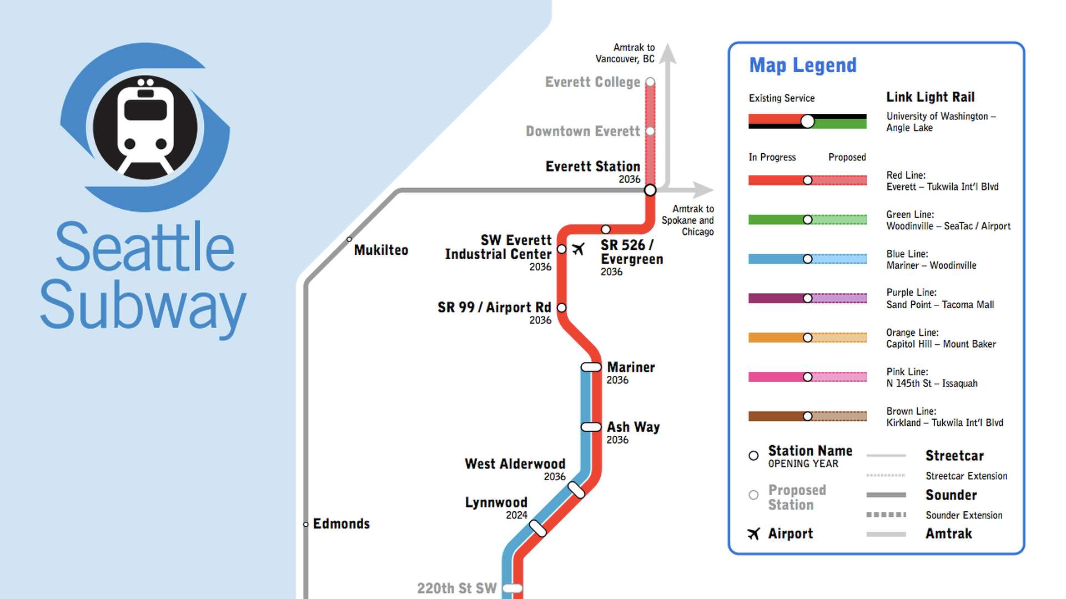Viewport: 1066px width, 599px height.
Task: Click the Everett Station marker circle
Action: [x=650, y=190]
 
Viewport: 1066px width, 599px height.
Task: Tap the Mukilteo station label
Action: [x=381, y=250]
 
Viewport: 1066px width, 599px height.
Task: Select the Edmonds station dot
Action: [x=306, y=524]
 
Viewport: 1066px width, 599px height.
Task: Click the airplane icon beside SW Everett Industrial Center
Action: [x=579, y=249]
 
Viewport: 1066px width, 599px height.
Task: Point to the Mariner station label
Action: [x=631, y=368]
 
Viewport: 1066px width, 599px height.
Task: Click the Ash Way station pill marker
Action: [x=591, y=427]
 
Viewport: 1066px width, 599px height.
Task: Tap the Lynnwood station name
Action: [x=496, y=502]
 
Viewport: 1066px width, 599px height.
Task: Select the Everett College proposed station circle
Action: [x=650, y=82]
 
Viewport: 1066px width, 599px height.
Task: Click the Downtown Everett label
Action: [x=582, y=132]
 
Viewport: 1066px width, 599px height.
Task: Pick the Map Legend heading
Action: [x=803, y=66]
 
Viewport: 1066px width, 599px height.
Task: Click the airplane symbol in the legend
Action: [x=753, y=534]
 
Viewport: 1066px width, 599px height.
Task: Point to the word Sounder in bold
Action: [x=951, y=495]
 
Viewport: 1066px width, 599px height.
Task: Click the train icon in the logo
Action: [x=145, y=128]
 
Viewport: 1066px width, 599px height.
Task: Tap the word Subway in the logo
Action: [x=143, y=305]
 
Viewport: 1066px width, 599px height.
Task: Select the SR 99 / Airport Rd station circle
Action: [x=562, y=308]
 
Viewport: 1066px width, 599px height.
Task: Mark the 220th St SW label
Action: [x=456, y=588]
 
